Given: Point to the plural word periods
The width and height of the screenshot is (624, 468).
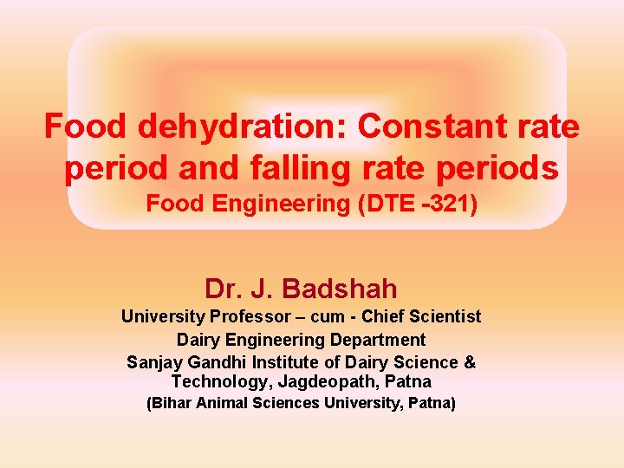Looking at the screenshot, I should [x=495, y=168].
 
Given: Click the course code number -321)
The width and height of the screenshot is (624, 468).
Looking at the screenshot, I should [x=445, y=205].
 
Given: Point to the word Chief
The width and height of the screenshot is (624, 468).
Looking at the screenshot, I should [x=387, y=317].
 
